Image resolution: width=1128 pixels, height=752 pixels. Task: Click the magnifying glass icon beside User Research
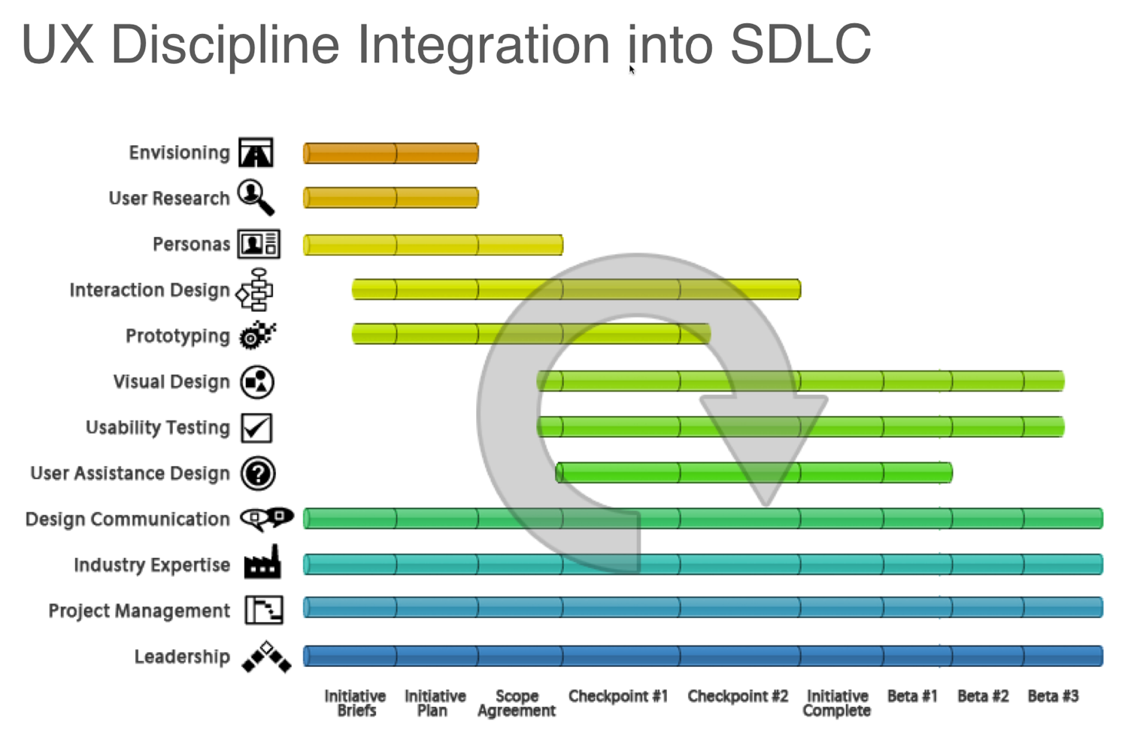[256, 197]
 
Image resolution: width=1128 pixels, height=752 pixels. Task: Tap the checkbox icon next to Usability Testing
[256, 428]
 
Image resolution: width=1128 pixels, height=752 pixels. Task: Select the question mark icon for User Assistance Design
[258, 474]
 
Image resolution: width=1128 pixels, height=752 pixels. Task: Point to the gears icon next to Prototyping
[257, 335]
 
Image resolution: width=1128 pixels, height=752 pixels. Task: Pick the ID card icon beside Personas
[259, 244]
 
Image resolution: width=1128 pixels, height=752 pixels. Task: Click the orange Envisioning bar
[390, 153]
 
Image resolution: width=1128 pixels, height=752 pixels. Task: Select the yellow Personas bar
[432, 244]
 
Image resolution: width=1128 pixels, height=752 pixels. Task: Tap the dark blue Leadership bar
[702, 656]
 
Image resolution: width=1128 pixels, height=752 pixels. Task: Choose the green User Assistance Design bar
[754, 473]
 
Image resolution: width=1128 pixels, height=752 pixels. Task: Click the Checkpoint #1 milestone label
[617, 696]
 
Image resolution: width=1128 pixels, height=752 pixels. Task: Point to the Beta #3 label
[1053, 696]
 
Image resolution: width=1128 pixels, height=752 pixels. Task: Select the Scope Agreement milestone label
[517, 703]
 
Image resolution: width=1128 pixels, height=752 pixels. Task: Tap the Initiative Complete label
[837, 703]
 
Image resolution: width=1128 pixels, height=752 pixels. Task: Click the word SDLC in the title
[800, 44]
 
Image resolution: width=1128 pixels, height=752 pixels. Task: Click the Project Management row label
[139, 611]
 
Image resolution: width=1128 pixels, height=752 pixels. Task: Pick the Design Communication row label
[127, 520]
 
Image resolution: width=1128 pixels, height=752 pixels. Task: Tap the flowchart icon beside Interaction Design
[255, 290]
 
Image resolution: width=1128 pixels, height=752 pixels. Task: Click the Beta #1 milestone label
[912, 696]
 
